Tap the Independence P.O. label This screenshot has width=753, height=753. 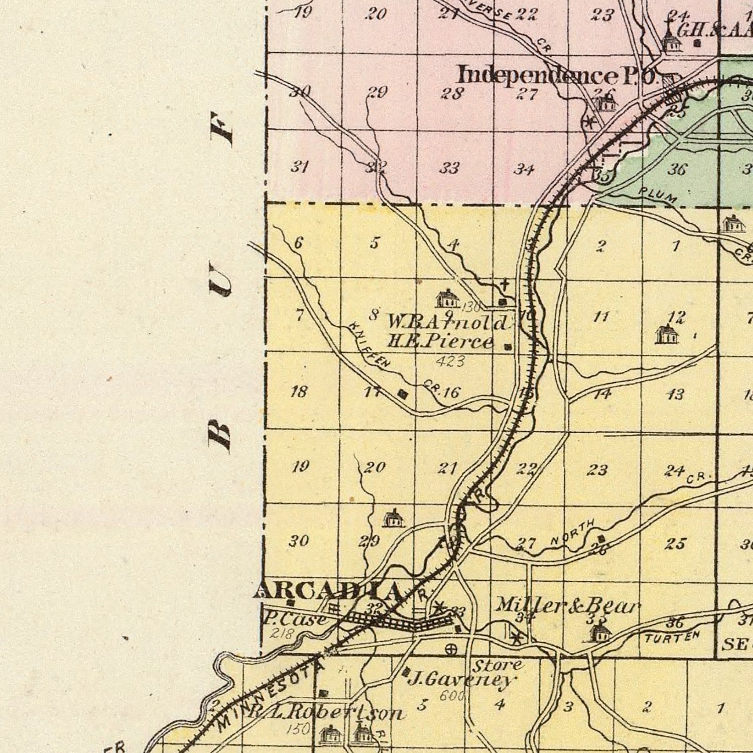[x=557, y=75]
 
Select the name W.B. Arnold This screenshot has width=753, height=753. [x=447, y=322]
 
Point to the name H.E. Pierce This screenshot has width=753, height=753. [x=440, y=342]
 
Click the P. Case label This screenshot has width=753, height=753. [x=295, y=619]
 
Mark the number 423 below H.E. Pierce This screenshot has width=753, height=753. [x=450, y=361]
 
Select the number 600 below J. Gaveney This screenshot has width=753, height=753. [x=452, y=696]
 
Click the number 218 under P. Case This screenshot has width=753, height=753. [x=281, y=634]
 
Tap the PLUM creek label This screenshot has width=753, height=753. [x=658, y=195]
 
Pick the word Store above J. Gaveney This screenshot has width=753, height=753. [x=497, y=666]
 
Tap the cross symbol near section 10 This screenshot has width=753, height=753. [x=505, y=285]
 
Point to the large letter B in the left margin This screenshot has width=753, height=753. [x=220, y=433]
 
